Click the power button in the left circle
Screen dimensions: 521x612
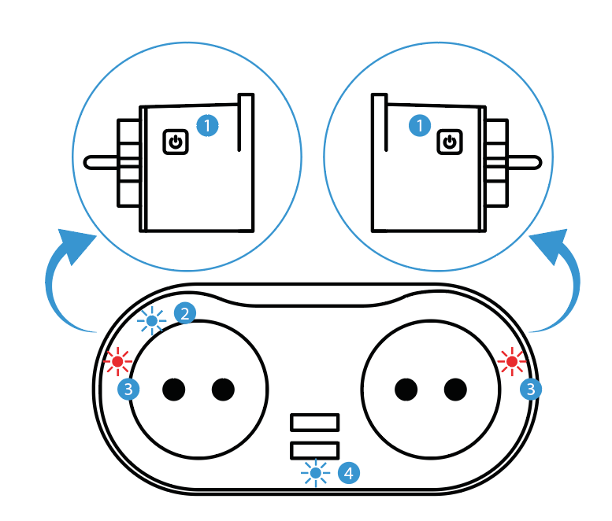click(176, 142)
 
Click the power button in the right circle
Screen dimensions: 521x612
click(449, 142)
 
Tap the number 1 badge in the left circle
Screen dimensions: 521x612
click(207, 125)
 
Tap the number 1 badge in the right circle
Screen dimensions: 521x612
click(420, 125)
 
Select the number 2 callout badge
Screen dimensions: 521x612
click(185, 313)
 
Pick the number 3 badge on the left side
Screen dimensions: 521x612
click(128, 388)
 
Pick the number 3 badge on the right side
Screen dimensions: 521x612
click(532, 388)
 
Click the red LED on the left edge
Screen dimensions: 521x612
click(119, 362)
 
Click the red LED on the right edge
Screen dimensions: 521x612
click(513, 362)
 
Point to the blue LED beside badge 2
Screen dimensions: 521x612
click(152, 320)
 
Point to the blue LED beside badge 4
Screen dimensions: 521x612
click(317, 473)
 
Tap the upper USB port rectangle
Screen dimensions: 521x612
click(315, 423)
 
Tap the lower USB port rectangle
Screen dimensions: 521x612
click(315, 449)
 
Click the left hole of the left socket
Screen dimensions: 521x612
click(173, 388)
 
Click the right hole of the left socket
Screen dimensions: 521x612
click(223, 388)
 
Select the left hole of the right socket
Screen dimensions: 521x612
click(406, 388)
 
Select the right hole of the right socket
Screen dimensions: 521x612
click(455, 388)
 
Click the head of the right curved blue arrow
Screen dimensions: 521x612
click(553, 241)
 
